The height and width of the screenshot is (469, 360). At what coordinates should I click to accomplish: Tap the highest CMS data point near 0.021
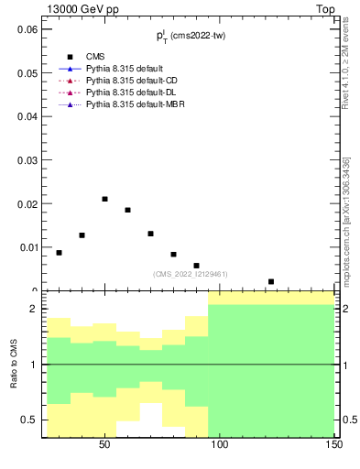click(x=104, y=199)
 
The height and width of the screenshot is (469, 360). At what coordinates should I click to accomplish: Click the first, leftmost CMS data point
click(x=59, y=253)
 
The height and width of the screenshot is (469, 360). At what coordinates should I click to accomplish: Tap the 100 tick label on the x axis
click(x=220, y=444)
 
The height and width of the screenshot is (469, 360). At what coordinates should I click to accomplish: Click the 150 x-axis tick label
click(x=334, y=444)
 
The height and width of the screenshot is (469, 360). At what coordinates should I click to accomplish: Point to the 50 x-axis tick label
click(x=104, y=444)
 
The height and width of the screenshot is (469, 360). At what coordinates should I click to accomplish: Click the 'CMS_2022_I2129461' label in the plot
click(x=190, y=274)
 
